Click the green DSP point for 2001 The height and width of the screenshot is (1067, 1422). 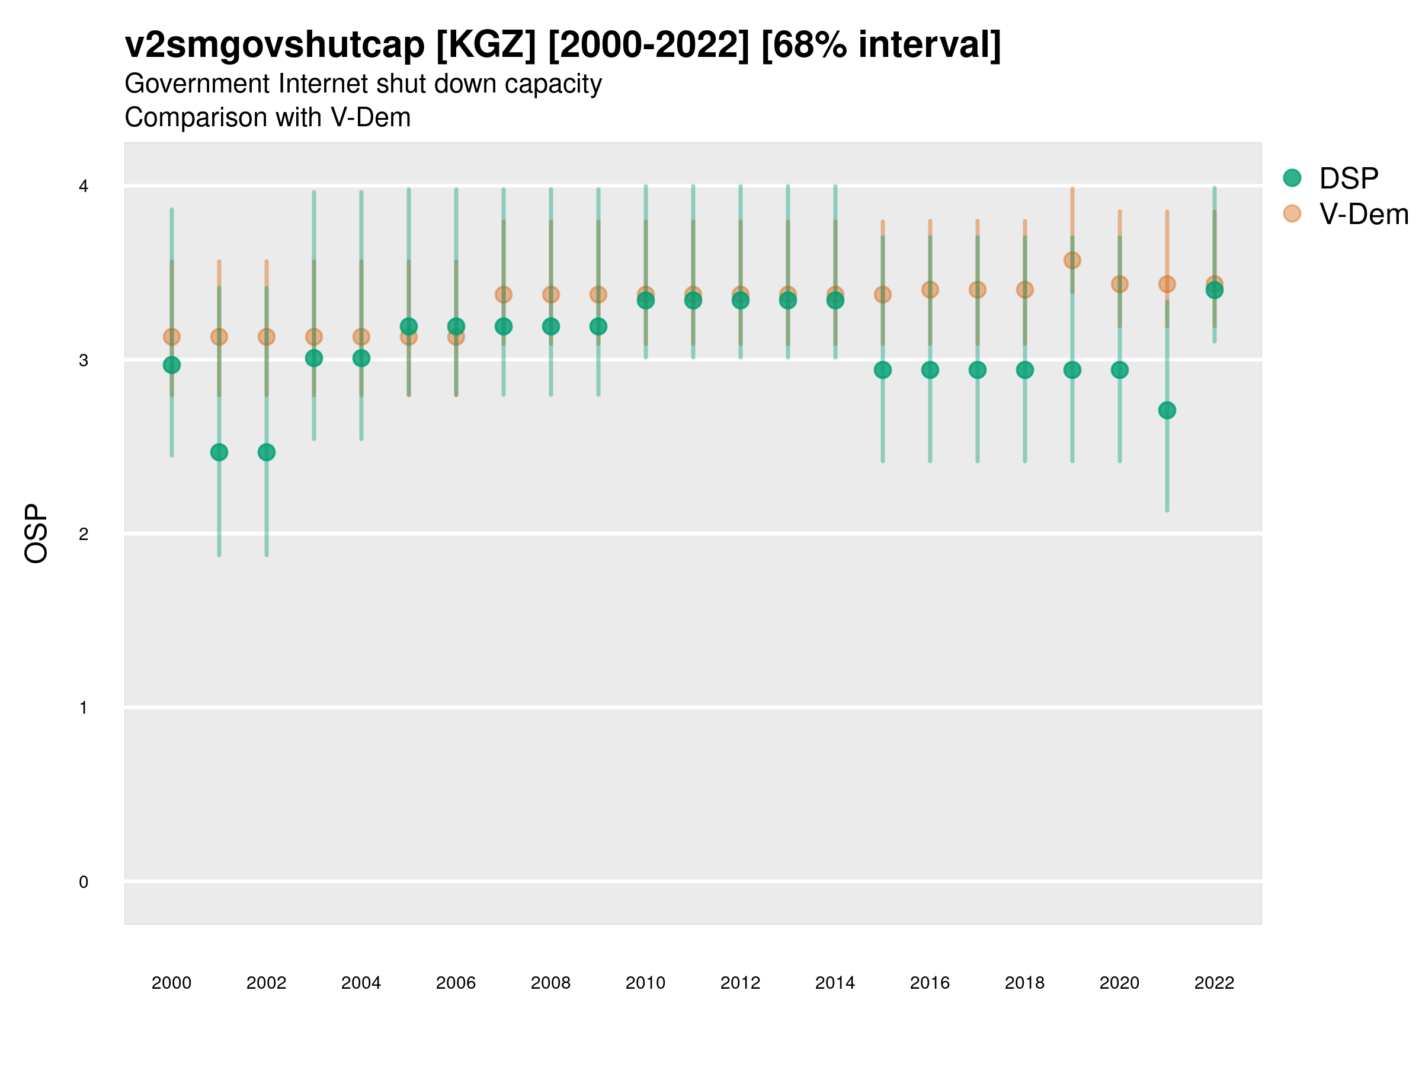click(219, 452)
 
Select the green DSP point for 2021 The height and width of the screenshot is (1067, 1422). click(1167, 410)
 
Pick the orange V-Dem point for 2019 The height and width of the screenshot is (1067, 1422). click(1072, 260)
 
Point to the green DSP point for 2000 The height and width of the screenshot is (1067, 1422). click(172, 365)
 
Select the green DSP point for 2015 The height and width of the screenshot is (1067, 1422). click(883, 370)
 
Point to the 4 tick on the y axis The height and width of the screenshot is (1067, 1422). click(84, 187)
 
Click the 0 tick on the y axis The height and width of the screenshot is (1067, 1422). click(84, 882)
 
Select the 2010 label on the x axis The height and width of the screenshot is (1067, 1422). click(645, 983)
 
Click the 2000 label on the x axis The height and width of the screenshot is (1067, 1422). click(172, 983)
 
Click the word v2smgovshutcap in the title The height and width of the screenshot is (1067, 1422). click(274, 45)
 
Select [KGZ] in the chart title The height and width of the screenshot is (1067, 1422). click(485, 45)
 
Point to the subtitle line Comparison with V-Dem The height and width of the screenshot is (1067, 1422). click(267, 118)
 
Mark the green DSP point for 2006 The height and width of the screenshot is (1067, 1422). click(456, 326)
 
